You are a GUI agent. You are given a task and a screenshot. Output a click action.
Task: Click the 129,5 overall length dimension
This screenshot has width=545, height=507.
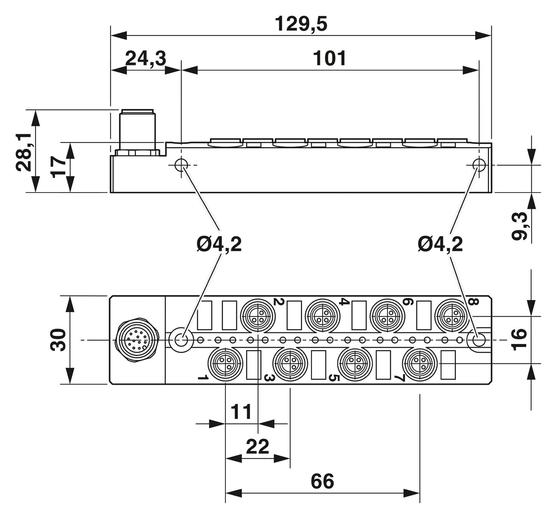301,24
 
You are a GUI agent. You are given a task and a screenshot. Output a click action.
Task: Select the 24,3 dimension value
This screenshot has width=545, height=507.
146,58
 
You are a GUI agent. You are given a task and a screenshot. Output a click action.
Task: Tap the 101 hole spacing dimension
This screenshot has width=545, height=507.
329,58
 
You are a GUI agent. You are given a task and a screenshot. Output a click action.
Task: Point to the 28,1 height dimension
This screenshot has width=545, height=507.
24,153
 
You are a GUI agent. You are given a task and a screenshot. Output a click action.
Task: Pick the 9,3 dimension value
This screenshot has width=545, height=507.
519,226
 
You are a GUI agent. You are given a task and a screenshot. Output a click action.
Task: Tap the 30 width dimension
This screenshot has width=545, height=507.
58,340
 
